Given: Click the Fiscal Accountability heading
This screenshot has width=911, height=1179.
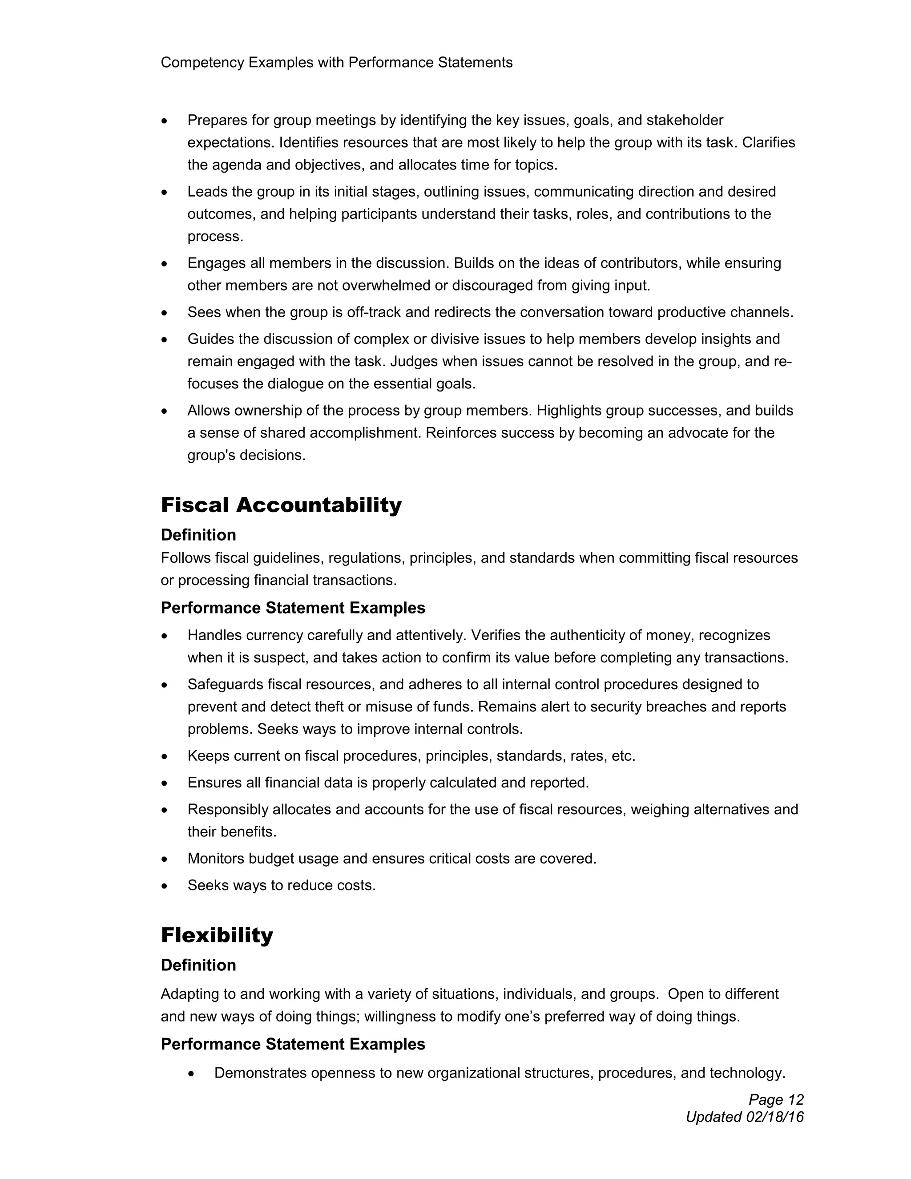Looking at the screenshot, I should click(x=281, y=505).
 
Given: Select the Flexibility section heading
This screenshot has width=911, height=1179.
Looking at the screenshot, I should click(x=217, y=935).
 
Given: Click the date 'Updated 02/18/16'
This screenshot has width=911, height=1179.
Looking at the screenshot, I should click(x=744, y=1117).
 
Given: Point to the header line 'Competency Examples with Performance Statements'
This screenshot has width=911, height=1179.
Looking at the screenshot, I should click(x=336, y=63).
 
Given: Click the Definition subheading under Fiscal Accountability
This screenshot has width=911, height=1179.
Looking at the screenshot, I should click(x=198, y=535).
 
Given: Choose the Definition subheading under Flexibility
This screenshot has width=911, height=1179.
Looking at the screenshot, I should click(x=198, y=965).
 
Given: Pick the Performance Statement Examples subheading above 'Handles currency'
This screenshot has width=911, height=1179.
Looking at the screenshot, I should click(x=293, y=608).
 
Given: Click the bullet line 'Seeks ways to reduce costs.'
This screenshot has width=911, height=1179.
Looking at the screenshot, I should click(x=281, y=885).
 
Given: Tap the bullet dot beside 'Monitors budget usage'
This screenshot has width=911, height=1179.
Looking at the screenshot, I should click(x=165, y=859).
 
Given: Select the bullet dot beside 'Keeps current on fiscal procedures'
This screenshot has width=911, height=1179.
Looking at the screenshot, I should click(x=165, y=756).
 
